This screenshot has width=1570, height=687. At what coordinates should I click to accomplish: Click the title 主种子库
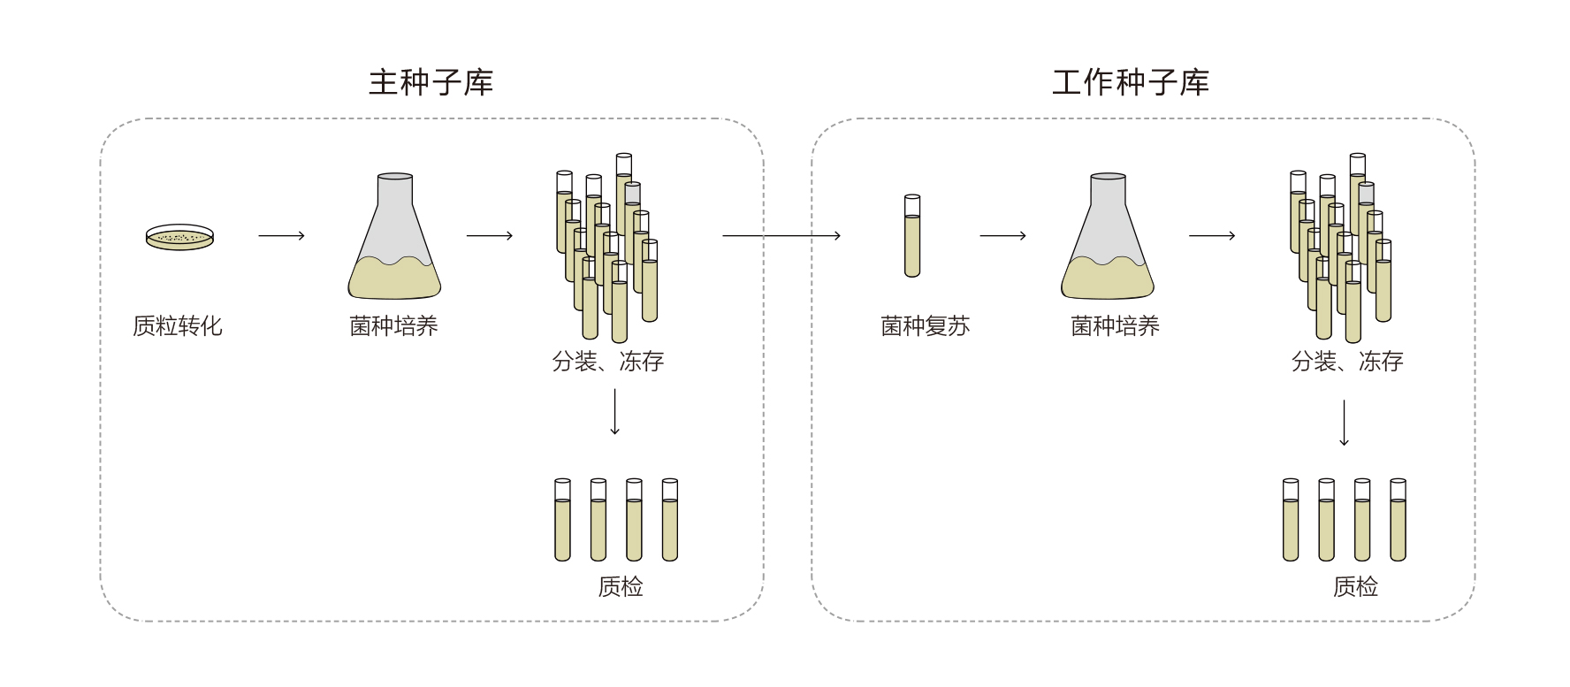[431, 82]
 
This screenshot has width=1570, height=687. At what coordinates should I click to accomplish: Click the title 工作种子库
[1130, 82]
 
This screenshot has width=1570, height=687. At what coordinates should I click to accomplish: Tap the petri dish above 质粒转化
[179, 237]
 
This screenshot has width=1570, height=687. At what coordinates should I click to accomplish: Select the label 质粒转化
[177, 326]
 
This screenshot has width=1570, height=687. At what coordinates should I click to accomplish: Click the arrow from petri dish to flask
[281, 235]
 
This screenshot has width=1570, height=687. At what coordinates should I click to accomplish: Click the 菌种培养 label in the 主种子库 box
[393, 326]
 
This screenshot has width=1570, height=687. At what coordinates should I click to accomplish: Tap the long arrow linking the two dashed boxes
[781, 235]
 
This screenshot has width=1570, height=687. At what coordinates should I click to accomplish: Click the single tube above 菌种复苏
[912, 235]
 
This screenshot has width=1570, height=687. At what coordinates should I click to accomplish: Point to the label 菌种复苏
[925, 326]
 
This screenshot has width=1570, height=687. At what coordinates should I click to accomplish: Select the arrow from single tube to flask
[1002, 235]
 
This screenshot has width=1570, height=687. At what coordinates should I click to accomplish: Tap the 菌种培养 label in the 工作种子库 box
[1115, 326]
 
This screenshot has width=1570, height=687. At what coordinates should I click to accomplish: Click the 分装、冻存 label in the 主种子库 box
[607, 361]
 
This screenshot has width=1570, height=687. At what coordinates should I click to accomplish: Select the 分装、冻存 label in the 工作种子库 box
[1346, 361]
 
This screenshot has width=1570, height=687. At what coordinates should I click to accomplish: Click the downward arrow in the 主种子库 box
[614, 412]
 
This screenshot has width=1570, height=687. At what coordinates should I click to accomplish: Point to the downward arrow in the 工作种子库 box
[1344, 423]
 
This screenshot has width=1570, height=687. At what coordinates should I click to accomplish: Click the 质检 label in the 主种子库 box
[620, 586]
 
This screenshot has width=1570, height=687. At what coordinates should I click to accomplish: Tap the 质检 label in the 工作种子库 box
[1355, 586]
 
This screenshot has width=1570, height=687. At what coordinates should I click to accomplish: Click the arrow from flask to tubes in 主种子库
[490, 235]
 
